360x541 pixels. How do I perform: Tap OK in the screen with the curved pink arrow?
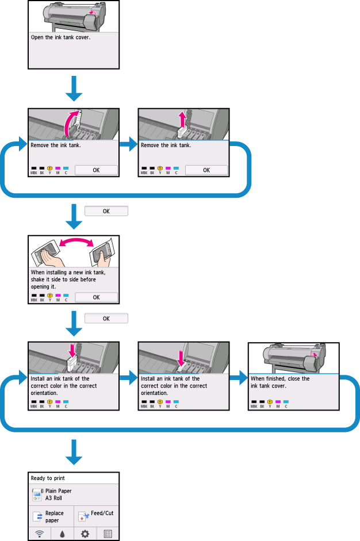(96, 170)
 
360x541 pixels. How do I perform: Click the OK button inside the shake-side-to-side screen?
(96, 297)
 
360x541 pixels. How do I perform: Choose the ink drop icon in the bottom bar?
(63, 534)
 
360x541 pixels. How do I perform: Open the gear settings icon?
(85, 534)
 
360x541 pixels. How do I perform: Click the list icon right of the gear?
(108, 534)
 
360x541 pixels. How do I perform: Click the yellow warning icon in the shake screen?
(49, 295)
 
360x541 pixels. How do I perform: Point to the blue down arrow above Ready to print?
(73, 451)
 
